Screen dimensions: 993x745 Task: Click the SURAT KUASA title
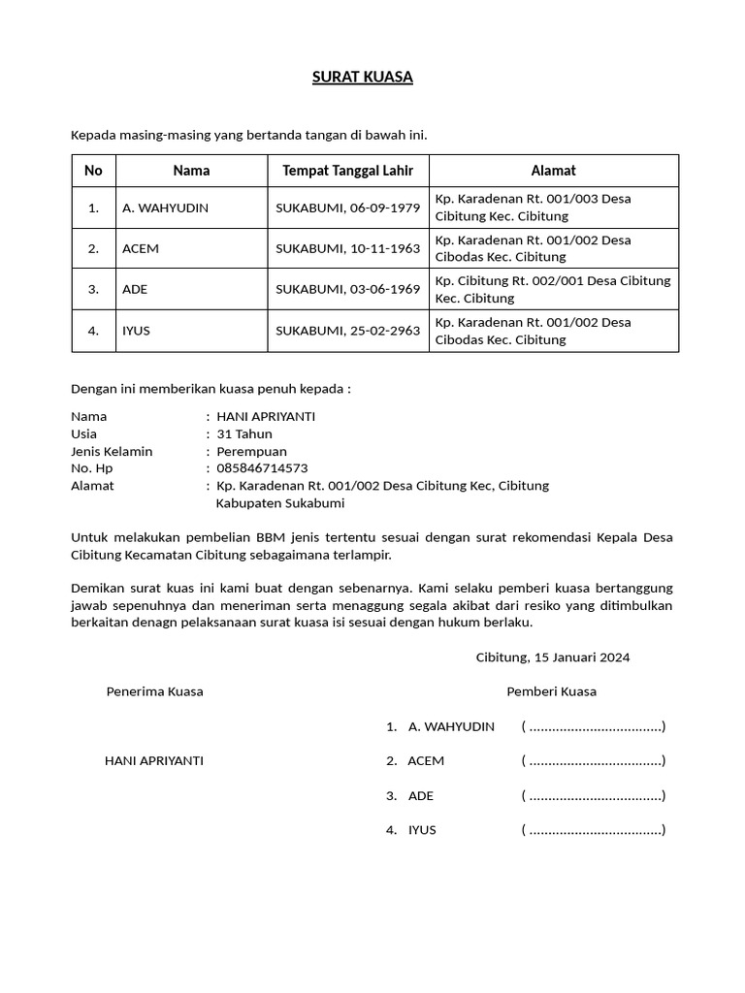click(x=362, y=78)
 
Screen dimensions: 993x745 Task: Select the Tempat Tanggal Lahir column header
click(x=347, y=171)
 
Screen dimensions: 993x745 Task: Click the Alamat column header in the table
click(x=553, y=171)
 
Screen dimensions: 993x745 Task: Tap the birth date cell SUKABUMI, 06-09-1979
click(x=347, y=208)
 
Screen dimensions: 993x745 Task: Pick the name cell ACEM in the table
click(x=141, y=248)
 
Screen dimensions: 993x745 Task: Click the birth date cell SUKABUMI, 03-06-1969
click(x=347, y=289)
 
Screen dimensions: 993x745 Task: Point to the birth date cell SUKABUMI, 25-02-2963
click(x=347, y=331)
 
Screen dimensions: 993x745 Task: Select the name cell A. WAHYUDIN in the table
click(x=165, y=208)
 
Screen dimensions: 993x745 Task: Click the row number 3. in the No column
click(x=93, y=289)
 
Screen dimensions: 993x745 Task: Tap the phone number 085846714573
click(x=262, y=468)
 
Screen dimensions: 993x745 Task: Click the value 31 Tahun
click(x=244, y=433)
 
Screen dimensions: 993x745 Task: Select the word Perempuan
click(x=251, y=451)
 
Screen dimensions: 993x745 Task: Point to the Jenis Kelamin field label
click(x=112, y=451)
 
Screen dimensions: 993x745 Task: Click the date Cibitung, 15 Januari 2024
click(x=553, y=657)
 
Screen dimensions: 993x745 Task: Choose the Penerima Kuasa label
click(x=154, y=691)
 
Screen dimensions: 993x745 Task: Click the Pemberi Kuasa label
click(x=551, y=691)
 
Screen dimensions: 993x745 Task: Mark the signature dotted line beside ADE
click(x=594, y=796)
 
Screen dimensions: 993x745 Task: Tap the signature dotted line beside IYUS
click(x=594, y=830)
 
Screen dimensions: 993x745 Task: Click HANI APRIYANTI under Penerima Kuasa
click(x=153, y=761)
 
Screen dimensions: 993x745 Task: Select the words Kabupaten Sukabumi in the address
click(x=279, y=503)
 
